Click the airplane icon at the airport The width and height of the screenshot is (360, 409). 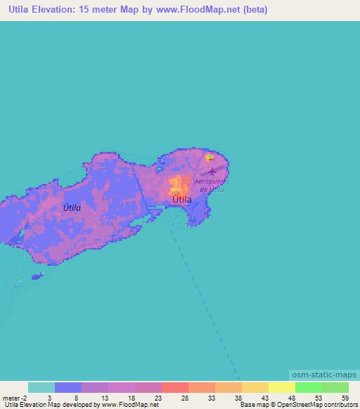(212, 171)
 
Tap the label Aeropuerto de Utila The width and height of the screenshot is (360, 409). (212, 186)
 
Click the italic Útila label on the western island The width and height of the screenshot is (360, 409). (72, 208)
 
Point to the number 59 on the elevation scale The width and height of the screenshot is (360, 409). (344, 397)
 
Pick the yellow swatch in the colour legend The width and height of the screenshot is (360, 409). (281, 387)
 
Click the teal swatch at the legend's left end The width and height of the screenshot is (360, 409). (41, 387)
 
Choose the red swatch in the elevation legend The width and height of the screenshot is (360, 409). (175, 387)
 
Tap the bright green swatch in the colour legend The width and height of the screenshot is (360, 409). (308, 387)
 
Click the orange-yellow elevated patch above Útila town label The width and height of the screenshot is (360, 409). (175, 186)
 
